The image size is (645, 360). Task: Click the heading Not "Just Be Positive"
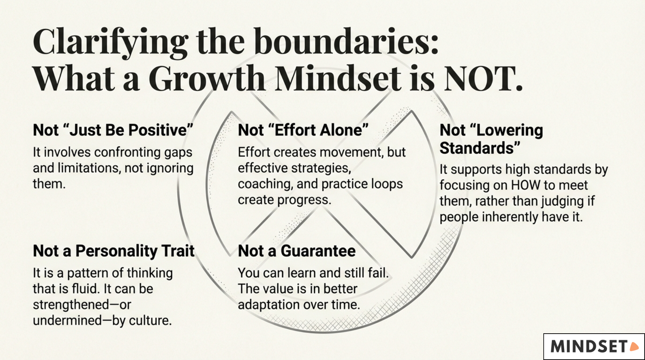113,130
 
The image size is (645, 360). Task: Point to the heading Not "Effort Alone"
303,130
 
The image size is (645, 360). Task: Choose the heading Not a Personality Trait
114,251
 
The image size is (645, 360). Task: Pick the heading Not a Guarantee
296,251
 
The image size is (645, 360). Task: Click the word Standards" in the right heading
480,148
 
